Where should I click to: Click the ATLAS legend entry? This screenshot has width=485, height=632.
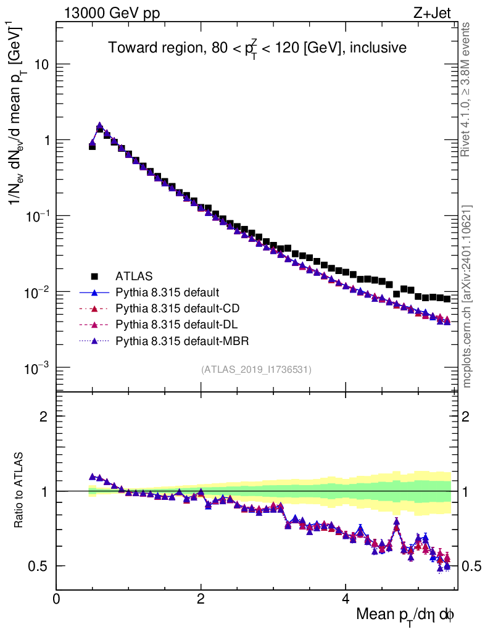pos(134,276)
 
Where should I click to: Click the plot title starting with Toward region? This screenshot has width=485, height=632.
pos(257,48)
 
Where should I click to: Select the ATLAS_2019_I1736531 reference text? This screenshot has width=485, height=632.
pos(256,370)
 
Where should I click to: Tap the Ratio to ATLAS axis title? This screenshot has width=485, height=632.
pos(20,491)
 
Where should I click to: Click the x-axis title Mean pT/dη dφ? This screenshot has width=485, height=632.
pos(405,614)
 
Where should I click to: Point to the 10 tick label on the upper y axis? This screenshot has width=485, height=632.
pos(41,65)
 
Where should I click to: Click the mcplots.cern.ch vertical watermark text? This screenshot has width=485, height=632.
pos(467,296)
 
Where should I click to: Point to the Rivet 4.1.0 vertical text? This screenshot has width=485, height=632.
pos(467,89)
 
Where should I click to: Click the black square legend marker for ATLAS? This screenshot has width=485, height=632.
pos(95,276)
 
